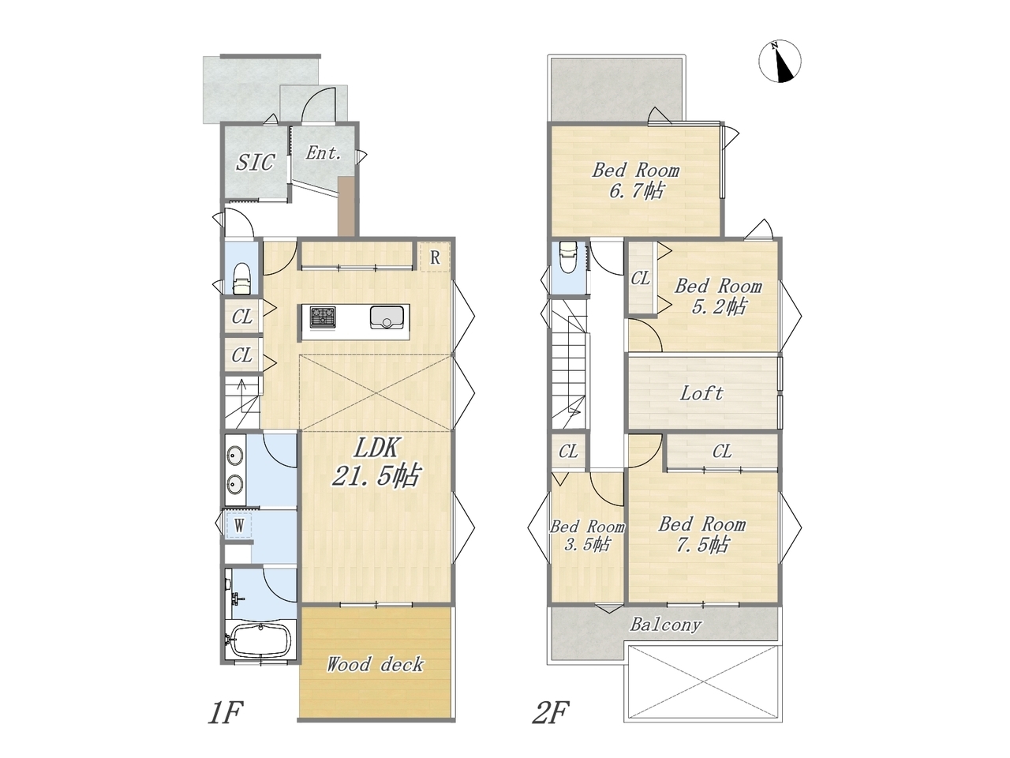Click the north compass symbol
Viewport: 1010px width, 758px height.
coord(780,62)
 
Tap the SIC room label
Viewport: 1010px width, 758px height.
coord(256,162)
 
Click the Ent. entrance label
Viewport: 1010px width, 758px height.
coord(324,153)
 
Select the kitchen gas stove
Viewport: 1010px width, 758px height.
coord(323,317)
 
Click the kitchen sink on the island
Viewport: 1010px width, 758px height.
coord(387,317)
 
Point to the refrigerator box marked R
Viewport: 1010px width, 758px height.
coord(434,257)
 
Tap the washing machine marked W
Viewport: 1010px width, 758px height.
coord(239,525)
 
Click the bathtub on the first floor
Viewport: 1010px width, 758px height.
coord(260,640)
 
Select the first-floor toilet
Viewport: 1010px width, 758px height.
coord(242,279)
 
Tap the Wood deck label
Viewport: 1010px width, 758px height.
coord(375,665)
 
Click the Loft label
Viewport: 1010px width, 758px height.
coord(701,393)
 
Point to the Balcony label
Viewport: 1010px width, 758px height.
coord(666,625)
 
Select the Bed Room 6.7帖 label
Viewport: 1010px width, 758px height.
coord(635,180)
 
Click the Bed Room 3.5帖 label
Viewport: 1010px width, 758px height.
coord(587,535)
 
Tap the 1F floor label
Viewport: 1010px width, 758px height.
coord(225,712)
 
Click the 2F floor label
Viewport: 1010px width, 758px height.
coord(551,712)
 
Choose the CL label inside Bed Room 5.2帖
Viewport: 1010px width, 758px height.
coord(640,279)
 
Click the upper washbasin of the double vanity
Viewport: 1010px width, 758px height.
coord(235,455)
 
